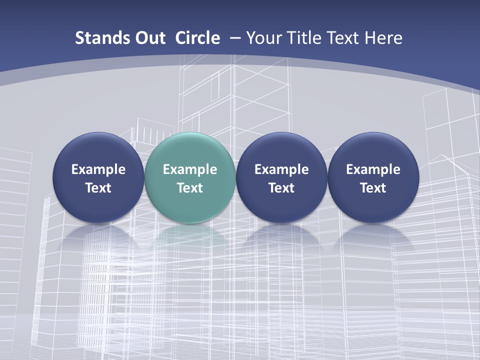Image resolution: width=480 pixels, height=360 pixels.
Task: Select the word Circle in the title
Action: (x=197, y=38)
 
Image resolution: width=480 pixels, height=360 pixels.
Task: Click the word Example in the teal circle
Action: (x=190, y=169)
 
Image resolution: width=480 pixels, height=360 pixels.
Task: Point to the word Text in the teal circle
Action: (x=190, y=188)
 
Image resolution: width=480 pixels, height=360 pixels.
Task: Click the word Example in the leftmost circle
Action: (x=98, y=169)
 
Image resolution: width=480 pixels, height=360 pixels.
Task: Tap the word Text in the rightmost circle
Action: (x=373, y=188)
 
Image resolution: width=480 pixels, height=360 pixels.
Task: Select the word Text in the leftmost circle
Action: (x=98, y=188)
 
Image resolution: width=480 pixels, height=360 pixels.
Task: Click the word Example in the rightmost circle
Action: (x=373, y=169)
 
